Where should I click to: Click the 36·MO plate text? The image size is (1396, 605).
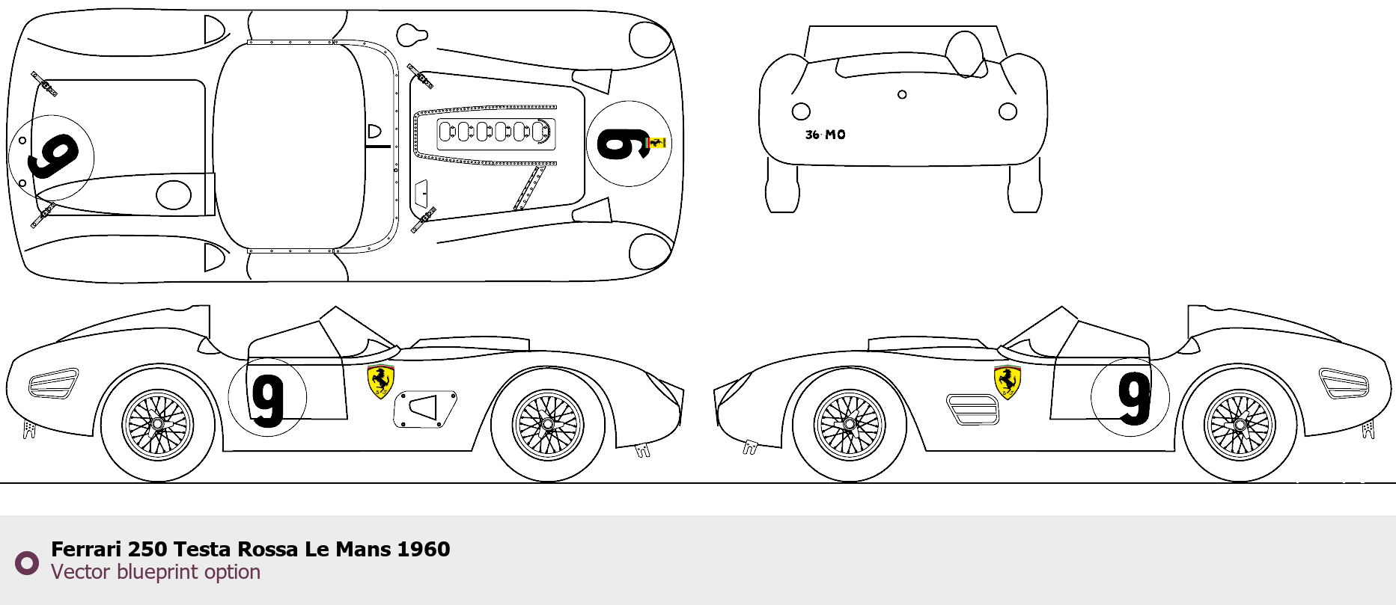point(825,135)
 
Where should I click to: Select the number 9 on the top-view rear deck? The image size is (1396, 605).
point(52,157)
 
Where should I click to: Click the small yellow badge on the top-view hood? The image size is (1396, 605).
point(656,142)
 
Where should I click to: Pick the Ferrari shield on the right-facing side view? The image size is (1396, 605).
point(380,381)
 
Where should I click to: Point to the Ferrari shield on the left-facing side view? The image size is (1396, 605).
point(1007,381)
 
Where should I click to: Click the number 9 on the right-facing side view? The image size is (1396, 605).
point(267,400)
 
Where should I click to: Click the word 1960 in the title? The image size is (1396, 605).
point(423,550)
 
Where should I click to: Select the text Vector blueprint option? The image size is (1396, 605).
point(156,572)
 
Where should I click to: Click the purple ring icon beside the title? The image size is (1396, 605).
point(27,563)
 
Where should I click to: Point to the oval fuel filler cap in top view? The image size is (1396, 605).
point(173,194)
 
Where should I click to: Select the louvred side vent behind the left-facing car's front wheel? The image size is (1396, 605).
point(972,410)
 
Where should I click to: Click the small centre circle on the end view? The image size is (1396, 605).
point(902,94)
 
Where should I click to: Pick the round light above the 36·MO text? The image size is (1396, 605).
point(801,111)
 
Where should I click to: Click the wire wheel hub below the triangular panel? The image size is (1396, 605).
point(549,425)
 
